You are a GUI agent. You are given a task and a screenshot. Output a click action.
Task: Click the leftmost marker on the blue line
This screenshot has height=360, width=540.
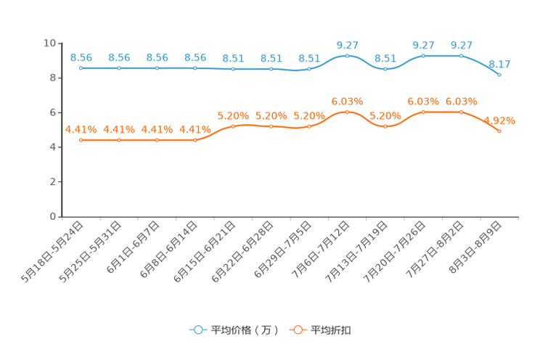point(81,68)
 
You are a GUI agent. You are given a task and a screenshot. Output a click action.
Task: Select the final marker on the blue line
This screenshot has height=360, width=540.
point(499,74)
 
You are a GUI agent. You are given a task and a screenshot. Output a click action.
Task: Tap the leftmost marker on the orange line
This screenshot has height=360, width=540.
point(81,139)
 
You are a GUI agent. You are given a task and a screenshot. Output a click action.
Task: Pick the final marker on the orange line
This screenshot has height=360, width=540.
point(499,131)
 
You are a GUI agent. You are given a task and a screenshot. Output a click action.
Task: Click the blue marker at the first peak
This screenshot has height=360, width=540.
point(347,56)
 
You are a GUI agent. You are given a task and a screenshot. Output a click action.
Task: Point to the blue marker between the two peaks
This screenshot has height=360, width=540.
point(385,68)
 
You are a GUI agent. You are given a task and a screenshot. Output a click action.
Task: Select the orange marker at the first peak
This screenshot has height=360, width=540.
point(347,111)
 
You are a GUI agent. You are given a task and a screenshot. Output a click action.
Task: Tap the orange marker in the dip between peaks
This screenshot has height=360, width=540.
point(385,126)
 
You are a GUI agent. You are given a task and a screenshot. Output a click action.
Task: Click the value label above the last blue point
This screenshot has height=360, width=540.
point(501,64)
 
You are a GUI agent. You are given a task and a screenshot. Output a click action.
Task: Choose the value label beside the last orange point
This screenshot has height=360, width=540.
point(500,120)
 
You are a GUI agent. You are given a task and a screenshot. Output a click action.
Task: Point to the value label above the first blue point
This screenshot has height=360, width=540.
point(81,57)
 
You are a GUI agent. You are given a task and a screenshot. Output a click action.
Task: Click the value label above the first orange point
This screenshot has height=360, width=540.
point(81,128)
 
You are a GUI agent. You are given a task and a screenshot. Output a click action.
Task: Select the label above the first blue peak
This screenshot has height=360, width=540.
point(348,45)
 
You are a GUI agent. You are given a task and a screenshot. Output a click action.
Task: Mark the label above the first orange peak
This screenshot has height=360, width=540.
point(347,101)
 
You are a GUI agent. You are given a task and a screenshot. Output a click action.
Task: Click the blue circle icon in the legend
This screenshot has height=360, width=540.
point(197,330)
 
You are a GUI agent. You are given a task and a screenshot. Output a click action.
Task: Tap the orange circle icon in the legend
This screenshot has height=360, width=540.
point(298,330)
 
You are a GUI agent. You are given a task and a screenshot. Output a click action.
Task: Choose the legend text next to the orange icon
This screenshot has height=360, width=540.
point(332,330)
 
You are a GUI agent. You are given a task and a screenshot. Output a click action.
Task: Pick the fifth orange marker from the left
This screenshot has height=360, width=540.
point(233,126)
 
